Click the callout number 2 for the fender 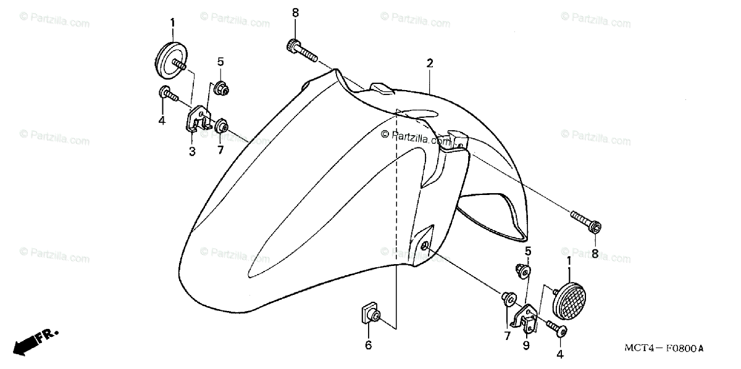pos(429,63)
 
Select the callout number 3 pos(192,151)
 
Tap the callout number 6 pos(368,345)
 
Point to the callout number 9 pos(526,346)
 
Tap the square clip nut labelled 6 pos(369,315)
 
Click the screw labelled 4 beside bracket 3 pos(168,95)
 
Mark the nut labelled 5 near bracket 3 pos(220,90)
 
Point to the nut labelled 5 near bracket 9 pos(522,270)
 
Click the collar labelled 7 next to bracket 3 pos(220,127)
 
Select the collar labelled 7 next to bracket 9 pos(509,299)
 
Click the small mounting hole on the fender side pos(425,247)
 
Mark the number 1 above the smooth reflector pos(172,23)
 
